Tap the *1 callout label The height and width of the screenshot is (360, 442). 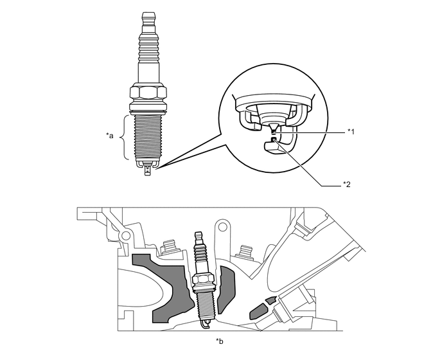[x=351, y=131]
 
